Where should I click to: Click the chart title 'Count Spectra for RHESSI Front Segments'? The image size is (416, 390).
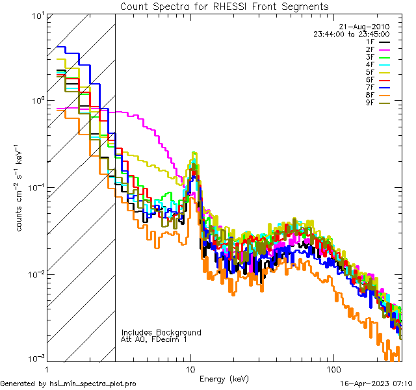click(x=224, y=6)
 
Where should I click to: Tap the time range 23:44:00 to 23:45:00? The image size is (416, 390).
click(x=352, y=34)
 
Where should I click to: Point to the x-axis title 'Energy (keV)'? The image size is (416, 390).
click(x=224, y=378)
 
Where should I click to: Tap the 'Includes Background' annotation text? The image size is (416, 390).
click(x=161, y=332)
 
